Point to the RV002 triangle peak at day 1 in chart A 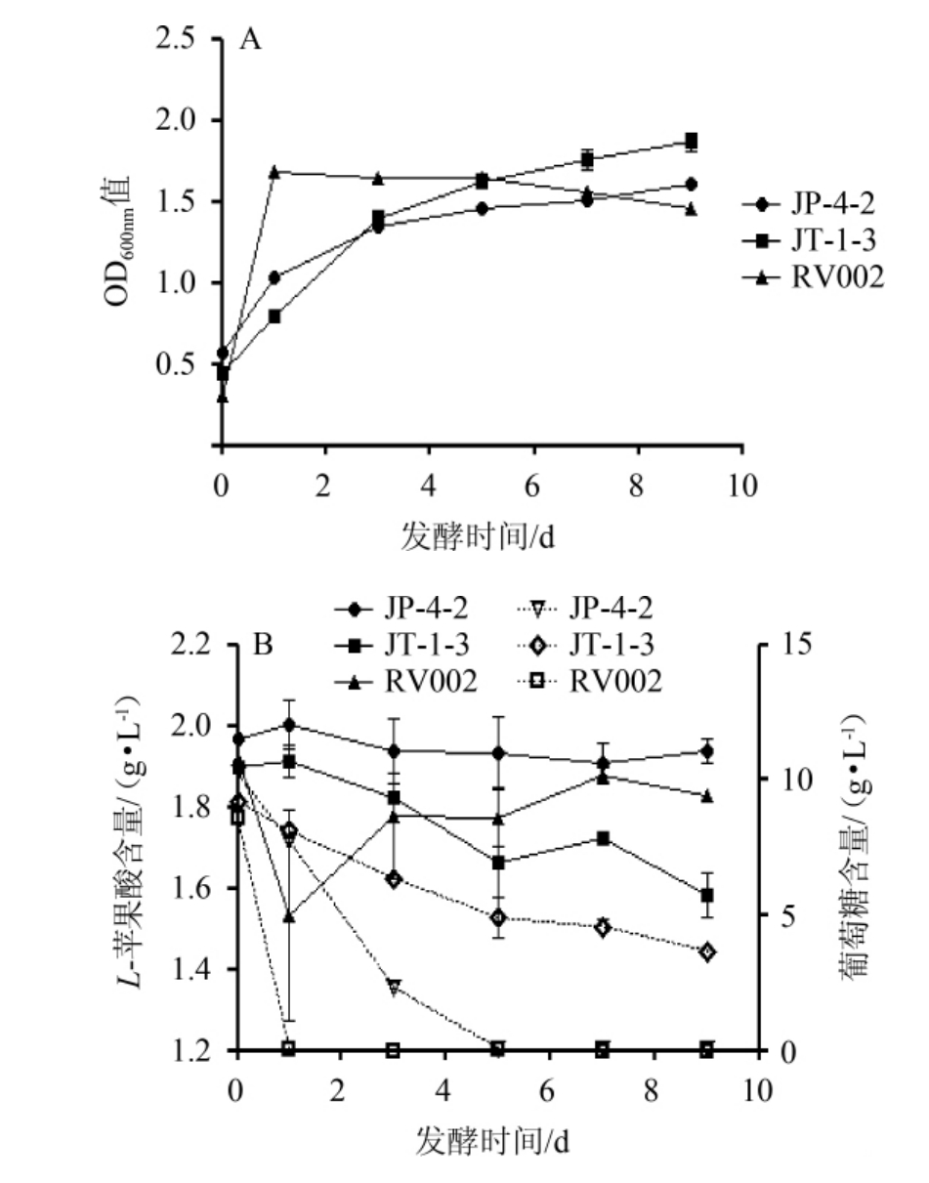pyautogui.click(x=274, y=172)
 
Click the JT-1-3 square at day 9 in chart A pyautogui.click(x=692, y=142)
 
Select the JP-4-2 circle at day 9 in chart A pyautogui.click(x=692, y=184)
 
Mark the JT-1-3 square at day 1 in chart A pyautogui.click(x=274, y=317)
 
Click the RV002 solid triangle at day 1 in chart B pyautogui.click(x=289, y=916)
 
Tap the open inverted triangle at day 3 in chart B pyautogui.click(x=394, y=987)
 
